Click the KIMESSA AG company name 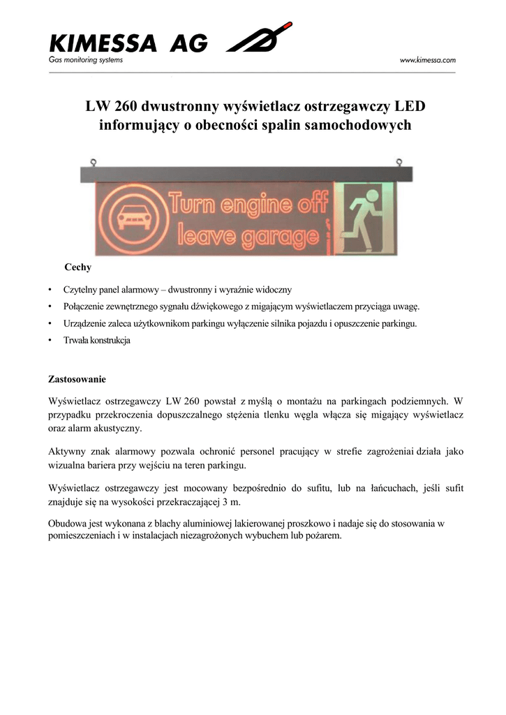(x=128, y=44)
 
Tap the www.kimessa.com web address (x=427, y=61)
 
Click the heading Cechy (x=77, y=267)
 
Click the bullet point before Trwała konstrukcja (x=50, y=341)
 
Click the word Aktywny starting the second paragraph (x=68, y=451)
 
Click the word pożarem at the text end (x=322, y=536)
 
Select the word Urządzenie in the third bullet (x=86, y=324)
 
